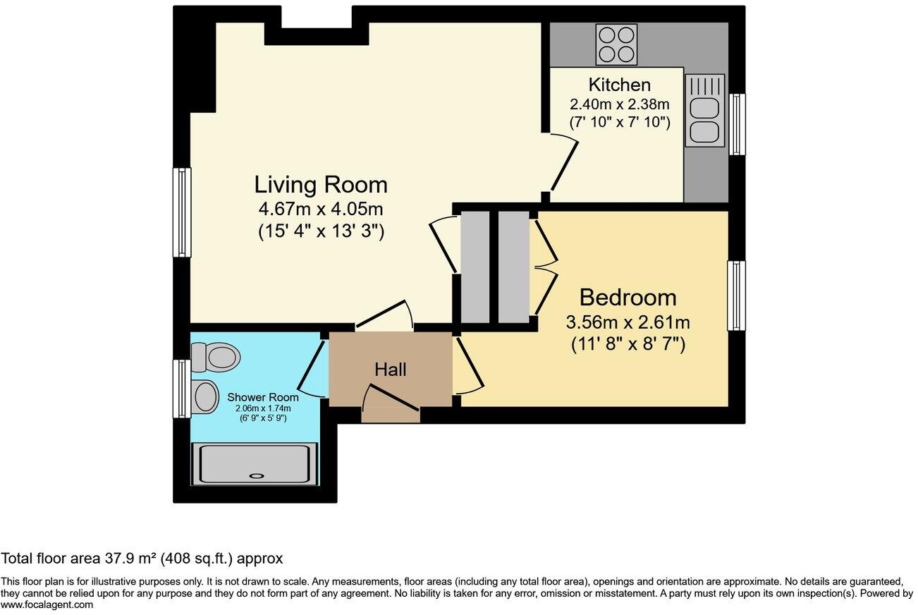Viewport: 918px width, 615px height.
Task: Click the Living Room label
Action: tap(321, 185)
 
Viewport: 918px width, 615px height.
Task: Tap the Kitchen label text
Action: tap(619, 85)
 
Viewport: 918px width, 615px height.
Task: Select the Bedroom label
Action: tap(628, 297)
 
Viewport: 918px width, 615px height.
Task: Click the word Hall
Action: tap(390, 369)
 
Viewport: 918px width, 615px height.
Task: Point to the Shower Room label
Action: tap(262, 398)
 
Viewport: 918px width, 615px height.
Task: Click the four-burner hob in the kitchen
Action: tap(616, 44)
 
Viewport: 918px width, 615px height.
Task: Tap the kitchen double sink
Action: tap(704, 111)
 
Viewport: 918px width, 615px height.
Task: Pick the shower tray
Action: tap(255, 464)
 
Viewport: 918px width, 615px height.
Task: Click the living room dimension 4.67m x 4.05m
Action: tap(321, 209)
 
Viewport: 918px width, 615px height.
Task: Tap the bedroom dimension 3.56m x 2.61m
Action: tap(628, 323)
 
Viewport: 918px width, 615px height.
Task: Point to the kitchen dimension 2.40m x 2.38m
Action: tap(619, 104)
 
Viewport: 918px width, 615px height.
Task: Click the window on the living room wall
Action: tap(183, 212)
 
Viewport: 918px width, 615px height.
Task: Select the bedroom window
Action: tap(736, 296)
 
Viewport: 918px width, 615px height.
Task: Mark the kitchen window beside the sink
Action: tap(737, 124)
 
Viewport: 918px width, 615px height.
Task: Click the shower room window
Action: tap(182, 389)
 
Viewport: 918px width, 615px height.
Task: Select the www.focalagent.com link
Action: tap(47, 604)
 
